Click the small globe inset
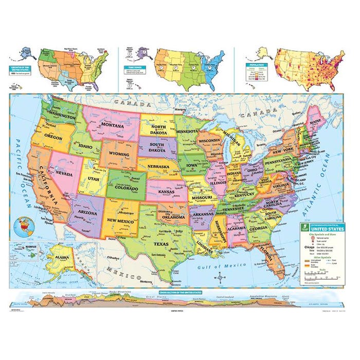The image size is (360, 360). [23, 225]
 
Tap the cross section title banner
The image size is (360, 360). [180, 292]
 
